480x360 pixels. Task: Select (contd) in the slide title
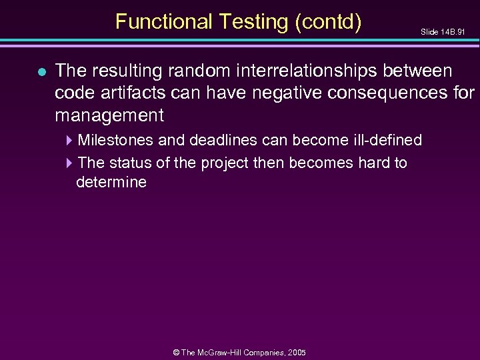[x=327, y=22]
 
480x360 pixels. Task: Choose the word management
[x=109, y=116]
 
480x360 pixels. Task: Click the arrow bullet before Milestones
[x=71, y=140]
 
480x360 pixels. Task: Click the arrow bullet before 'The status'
[x=71, y=163]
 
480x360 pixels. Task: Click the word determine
[x=111, y=183]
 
